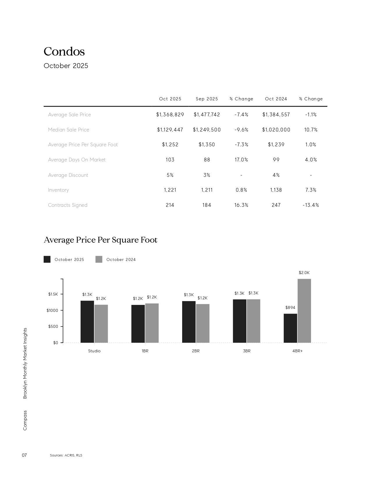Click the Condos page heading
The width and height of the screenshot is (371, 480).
click(x=64, y=51)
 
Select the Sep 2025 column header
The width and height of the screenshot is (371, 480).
click(x=207, y=99)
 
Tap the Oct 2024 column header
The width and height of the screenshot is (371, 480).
click(x=276, y=99)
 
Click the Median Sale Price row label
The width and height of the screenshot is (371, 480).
click(x=68, y=130)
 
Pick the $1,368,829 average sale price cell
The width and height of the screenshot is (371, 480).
click(x=170, y=115)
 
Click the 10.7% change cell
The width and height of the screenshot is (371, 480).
click(x=311, y=130)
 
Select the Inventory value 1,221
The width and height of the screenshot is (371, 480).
click(x=170, y=190)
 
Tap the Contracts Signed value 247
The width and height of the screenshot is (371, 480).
click(x=276, y=205)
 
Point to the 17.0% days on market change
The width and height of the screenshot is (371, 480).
click(x=241, y=160)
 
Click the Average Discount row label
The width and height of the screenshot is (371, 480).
click(x=68, y=175)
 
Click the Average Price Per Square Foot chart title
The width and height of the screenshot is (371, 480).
click(x=100, y=240)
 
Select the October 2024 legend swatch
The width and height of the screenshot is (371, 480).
click(x=99, y=259)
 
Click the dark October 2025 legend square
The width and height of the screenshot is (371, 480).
click(x=47, y=259)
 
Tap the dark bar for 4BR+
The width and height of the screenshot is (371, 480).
click(x=290, y=328)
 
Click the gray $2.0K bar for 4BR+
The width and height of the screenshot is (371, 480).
click(x=304, y=311)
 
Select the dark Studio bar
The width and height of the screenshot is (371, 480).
click(x=87, y=321)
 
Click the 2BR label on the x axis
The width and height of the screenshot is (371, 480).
click(x=196, y=351)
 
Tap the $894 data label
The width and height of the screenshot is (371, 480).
click(x=290, y=307)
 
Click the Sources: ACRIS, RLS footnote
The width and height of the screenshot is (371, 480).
click(x=66, y=455)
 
